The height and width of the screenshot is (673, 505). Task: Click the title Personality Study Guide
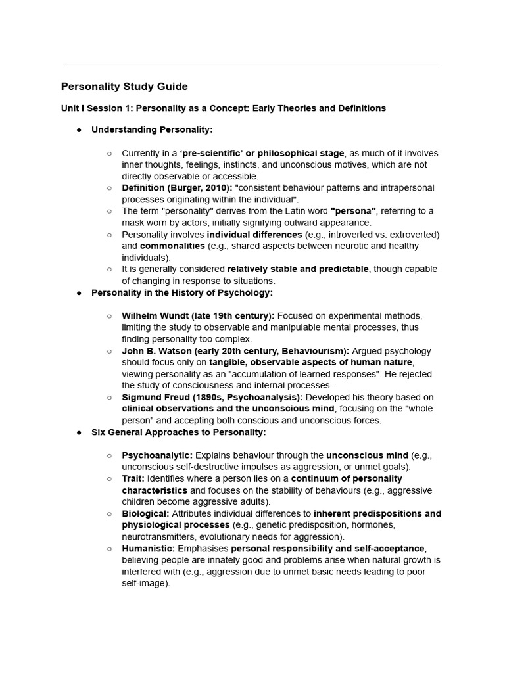124,87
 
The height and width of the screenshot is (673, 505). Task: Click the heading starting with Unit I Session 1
224,108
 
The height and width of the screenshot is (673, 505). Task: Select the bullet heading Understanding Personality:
152,129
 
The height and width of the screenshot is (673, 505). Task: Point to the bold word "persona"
354,211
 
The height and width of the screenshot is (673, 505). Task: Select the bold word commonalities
172,246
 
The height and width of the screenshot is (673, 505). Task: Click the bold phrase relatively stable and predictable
298,269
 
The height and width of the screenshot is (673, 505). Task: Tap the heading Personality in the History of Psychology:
181,292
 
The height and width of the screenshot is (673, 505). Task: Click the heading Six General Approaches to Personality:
178,432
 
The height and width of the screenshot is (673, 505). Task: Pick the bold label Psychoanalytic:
157,455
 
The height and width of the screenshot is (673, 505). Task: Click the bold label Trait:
133,478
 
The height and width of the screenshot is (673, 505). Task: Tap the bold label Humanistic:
148,548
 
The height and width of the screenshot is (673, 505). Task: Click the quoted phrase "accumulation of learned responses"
305,374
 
